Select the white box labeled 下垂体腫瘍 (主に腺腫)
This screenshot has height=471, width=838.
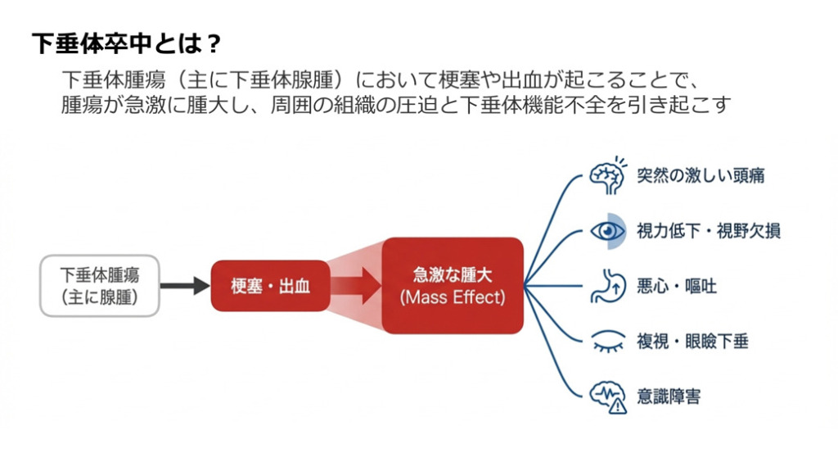[x=99, y=285]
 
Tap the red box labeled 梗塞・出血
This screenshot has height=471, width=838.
[x=270, y=286]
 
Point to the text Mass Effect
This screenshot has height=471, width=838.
[x=452, y=297]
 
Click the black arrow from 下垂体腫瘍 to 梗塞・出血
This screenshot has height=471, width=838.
[x=185, y=286]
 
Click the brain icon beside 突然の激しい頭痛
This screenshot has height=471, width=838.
[x=608, y=175]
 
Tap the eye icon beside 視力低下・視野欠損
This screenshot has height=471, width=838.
[x=608, y=230]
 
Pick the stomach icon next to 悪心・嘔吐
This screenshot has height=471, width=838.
[x=607, y=286]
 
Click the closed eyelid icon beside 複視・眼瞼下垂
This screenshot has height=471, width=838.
[x=607, y=341]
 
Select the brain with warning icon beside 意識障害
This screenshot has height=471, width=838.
[x=608, y=396]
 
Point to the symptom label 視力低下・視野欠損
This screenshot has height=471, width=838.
[x=708, y=230]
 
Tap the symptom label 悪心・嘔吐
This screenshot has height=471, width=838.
[x=677, y=286]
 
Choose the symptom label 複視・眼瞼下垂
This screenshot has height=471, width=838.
[x=692, y=341]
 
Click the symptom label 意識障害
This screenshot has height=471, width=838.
[x=669, y=396]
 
